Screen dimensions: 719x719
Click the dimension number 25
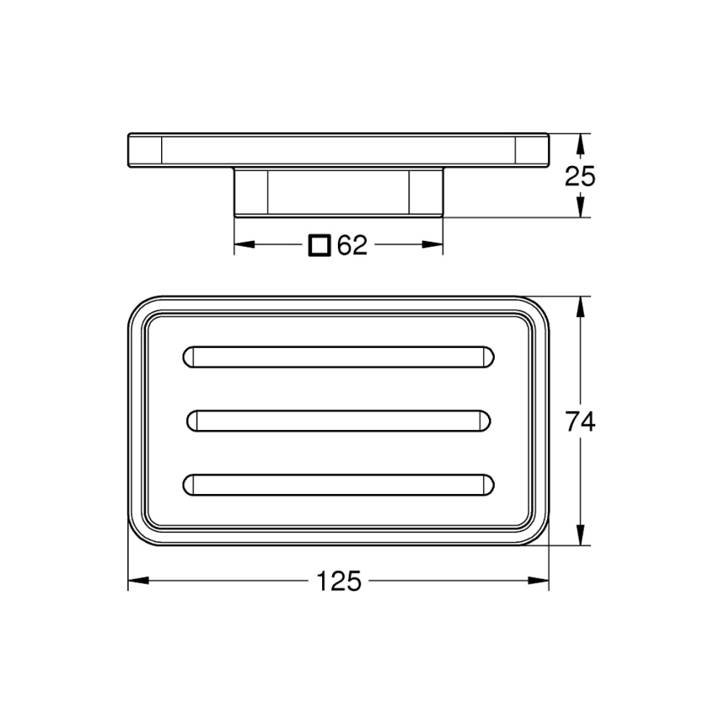click(581, 176)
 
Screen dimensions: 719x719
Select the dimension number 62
click(353, 245)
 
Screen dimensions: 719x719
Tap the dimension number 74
click(581, 422)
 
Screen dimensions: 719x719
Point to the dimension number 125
click(339, 581)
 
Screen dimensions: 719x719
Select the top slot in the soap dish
click(338, 356)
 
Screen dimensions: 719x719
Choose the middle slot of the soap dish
click(338, 421)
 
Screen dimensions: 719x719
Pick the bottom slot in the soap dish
click(338, 484)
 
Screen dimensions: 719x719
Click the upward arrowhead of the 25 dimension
click(581, 143)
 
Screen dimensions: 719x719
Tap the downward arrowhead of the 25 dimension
click(581, 209)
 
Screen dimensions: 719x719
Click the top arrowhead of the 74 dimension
click(581, 306)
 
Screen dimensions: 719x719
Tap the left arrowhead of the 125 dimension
click(139, 581)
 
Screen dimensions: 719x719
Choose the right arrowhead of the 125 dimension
click(539, 581)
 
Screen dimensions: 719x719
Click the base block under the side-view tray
click(338, 192)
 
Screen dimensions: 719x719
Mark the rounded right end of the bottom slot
click(487, 484)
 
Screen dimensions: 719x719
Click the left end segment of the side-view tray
click(144, 149)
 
